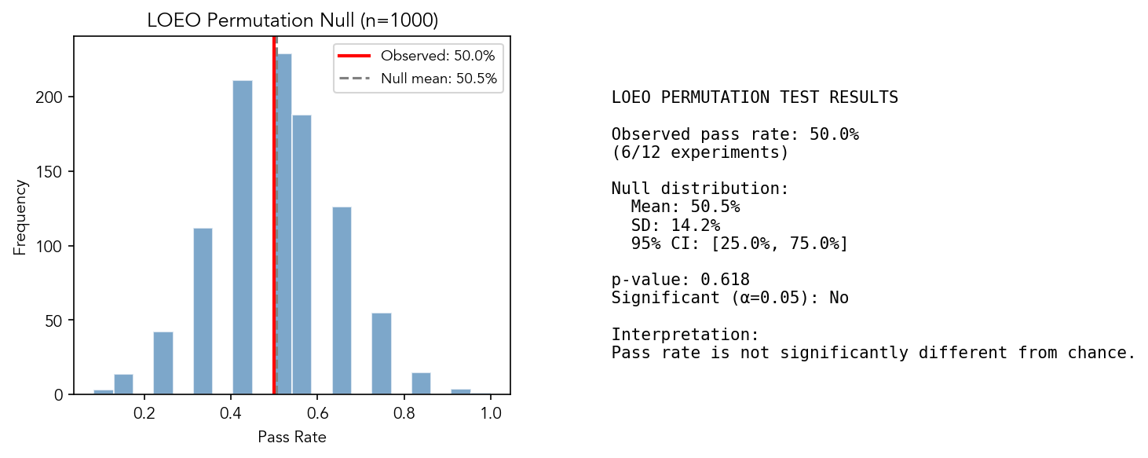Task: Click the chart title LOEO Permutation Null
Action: pos(292,21)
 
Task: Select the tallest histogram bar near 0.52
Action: pos(284,228)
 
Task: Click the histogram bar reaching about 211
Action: pos(243,236)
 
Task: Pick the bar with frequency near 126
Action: pos(342,299)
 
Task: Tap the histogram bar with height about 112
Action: pos(203,310)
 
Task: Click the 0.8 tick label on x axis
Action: pos(404,411)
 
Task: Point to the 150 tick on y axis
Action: pos(53,172)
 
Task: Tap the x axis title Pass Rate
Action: pos(291,438)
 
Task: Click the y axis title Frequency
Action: pos(20,217)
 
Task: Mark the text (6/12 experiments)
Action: pos(700,152)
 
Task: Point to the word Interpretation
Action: pos(685,335)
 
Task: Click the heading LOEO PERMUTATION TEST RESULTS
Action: pos(755,98)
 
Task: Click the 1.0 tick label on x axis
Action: pos(490,411)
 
